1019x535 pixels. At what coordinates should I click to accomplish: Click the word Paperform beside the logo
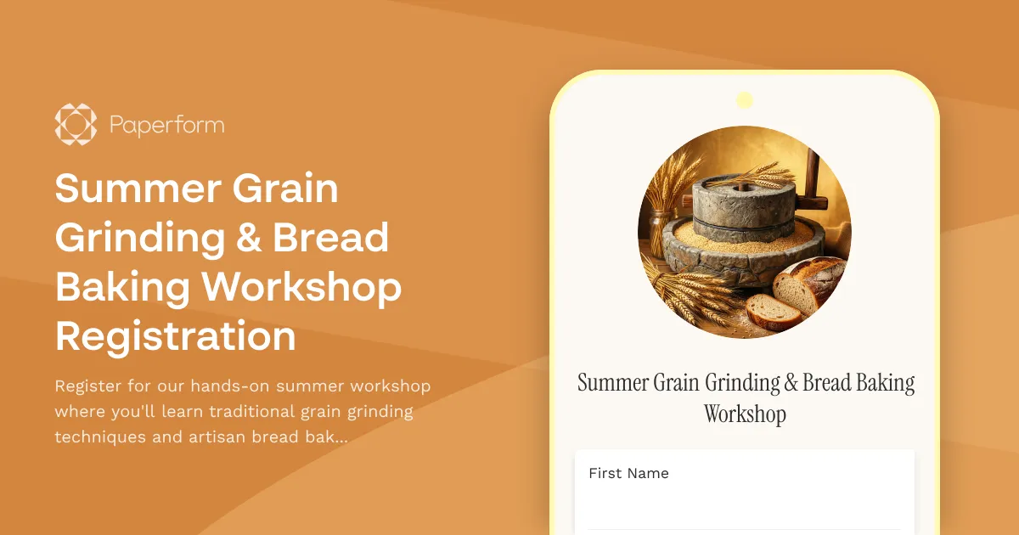pyautogui.click(x=166, y=126)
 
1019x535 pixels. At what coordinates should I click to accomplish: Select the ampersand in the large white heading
pyautogui.click(x=244, y=238)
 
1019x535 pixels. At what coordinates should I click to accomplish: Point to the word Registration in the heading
pyautogui.click(x=176, y=336)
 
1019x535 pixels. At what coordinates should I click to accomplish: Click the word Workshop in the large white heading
pyautogui.click(x=301, y=287)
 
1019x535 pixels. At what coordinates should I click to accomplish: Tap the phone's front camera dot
pyautogui.click(x=745, y=100)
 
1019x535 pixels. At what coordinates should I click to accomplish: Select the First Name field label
pyautogui.click(x=628, y=474)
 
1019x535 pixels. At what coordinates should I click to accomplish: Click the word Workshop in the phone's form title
pyautogui.click(x=745, y=414)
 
